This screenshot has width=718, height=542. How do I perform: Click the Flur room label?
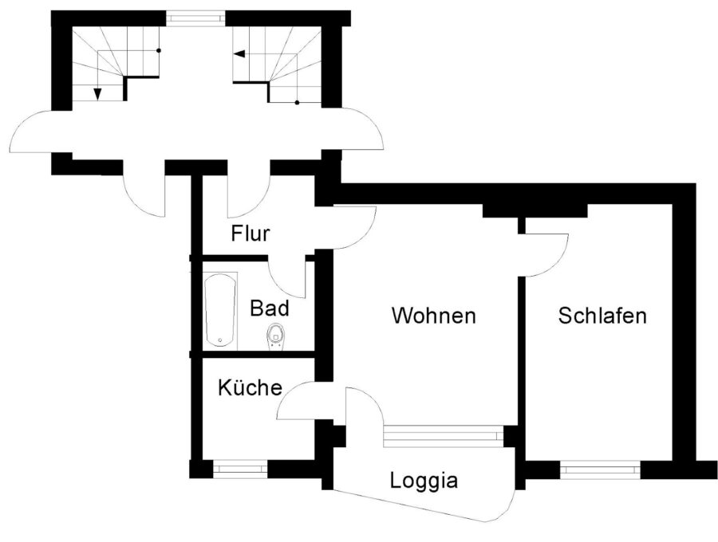[x=250, y=234]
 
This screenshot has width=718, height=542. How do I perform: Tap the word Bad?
[x=270, y=308]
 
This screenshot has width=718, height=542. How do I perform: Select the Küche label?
[x=250, y=387]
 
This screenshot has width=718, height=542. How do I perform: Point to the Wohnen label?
[x=434, y=316]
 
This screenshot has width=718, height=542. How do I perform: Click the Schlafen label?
[x=602, y=316]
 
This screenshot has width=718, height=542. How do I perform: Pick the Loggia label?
[x=424, y=481]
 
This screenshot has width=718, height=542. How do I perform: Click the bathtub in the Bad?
[x=221, y=311]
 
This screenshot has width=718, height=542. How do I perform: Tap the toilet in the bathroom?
[x=275, y=336]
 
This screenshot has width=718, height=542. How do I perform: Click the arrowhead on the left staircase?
[x=97, y=93]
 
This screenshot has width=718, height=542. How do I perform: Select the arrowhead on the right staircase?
[x=239, y=54]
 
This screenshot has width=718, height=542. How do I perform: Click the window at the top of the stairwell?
[x=195, y=18]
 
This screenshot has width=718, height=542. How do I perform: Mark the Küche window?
[x=240, y=469]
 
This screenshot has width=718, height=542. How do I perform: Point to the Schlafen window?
[x=600, y=469]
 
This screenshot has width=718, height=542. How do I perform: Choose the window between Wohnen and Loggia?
[x=444, y=436]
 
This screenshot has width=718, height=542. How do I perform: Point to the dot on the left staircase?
[x=159, y=50]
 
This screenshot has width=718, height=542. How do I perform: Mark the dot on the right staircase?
[x=298, y=103]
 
